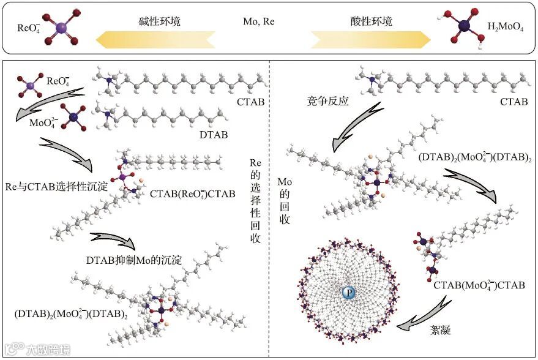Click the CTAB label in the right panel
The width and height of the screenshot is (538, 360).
(514, 102)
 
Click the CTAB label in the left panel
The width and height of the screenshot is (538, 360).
(250, 102)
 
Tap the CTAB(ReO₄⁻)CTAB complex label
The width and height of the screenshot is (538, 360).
(192, 194)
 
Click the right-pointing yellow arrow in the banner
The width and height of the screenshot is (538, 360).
(371, 40)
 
